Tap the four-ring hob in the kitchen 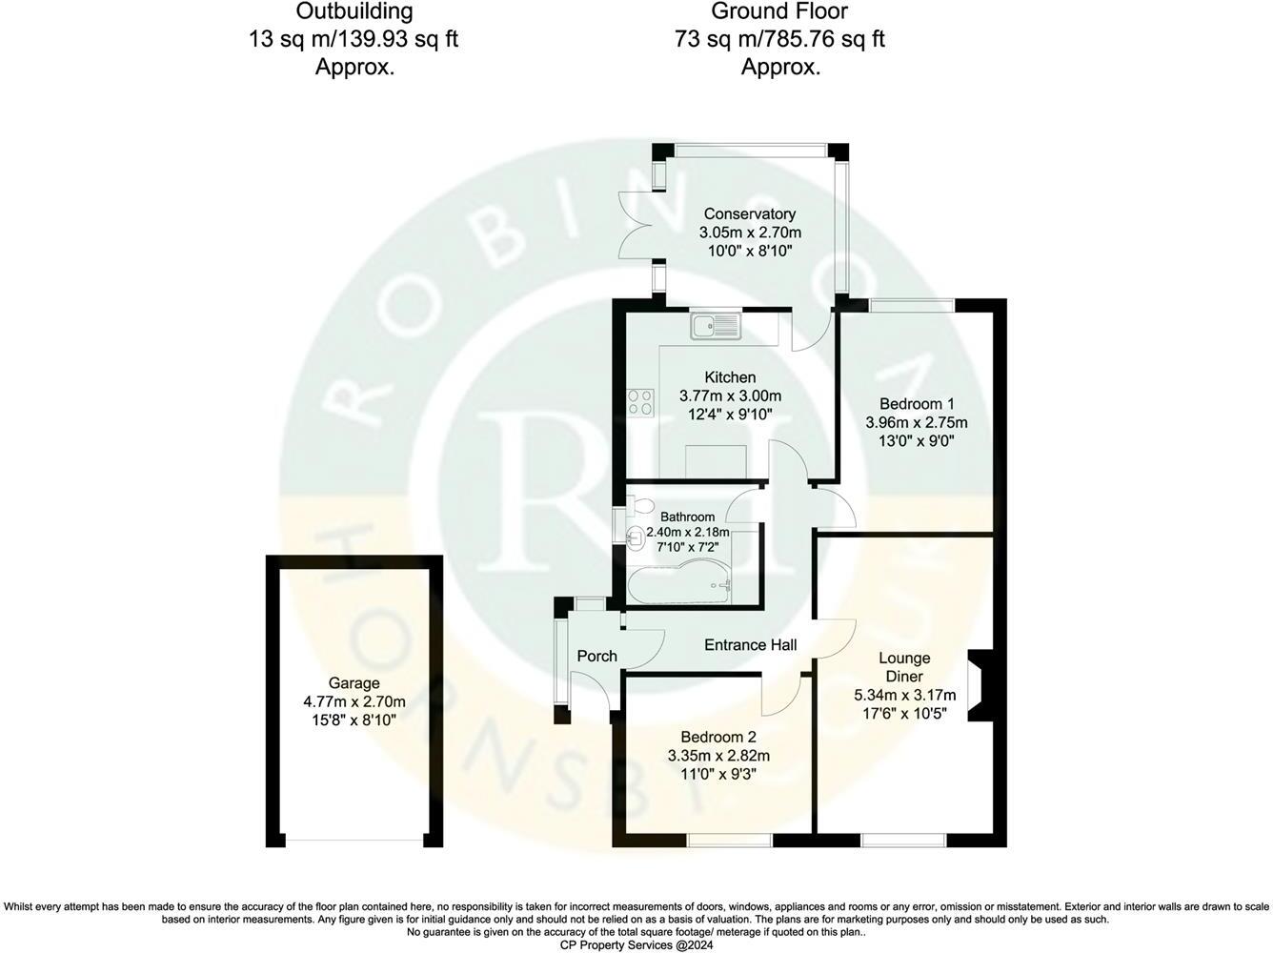tap(640, 403)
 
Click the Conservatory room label tap(749, 214)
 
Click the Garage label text tap(354, 683)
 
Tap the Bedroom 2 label tap(718, 738)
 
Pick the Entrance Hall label tap(750, 645)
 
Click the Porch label tap(596, 656)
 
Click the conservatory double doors tap(635, 225)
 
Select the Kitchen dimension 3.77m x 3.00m tap(730, 396)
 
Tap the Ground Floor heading tap(779, 12)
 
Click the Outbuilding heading tap(354, 12)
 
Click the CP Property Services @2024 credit tap(636, 943)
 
